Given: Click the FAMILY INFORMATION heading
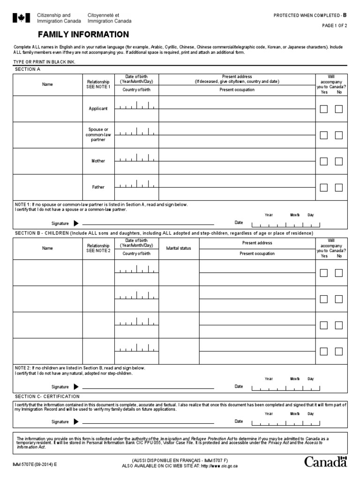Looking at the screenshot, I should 83,34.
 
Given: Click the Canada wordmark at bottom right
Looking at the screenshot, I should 326,462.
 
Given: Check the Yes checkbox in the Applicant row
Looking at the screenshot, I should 323,109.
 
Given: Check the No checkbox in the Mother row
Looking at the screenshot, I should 338,162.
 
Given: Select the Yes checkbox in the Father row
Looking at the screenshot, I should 323,188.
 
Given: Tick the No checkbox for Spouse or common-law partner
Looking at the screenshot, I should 338,135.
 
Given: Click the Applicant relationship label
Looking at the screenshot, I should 98,109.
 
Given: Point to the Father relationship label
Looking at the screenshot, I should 98,187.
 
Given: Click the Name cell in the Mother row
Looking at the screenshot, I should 47,161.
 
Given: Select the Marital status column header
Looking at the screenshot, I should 179,248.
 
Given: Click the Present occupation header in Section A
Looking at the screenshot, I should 237,90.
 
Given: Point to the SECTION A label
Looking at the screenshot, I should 28,69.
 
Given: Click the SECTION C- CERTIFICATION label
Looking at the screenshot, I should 47,397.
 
